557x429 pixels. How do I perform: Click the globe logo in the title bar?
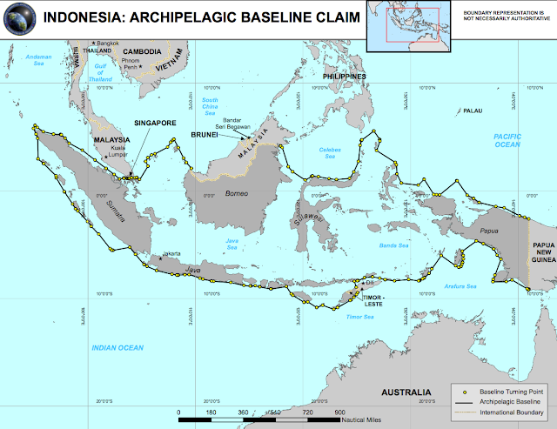(x=19, y=17)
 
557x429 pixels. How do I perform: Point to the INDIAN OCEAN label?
(x=117, y=348)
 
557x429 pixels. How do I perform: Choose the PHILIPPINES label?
(x=344, y=77)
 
